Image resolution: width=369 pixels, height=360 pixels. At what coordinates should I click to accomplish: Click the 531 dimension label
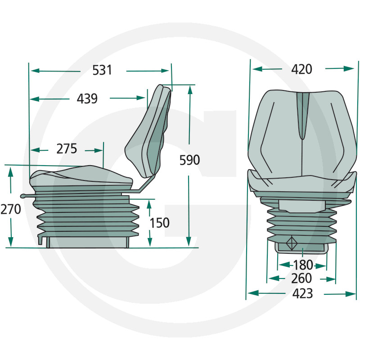102,70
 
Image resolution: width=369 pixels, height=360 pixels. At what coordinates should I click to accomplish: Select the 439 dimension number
87,99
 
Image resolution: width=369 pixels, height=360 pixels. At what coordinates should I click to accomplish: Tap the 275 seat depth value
67,148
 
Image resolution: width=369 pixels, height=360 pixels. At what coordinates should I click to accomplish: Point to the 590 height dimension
189,160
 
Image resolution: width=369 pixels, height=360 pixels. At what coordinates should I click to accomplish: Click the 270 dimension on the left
11,209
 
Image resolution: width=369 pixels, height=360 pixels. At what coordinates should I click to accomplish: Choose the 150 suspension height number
160,223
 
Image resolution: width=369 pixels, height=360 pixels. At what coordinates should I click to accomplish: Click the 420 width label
301,69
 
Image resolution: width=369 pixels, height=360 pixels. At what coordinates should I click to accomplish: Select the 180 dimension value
303,265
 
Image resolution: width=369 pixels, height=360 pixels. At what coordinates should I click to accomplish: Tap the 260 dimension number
301,279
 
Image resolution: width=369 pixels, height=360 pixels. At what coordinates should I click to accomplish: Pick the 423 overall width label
303,294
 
